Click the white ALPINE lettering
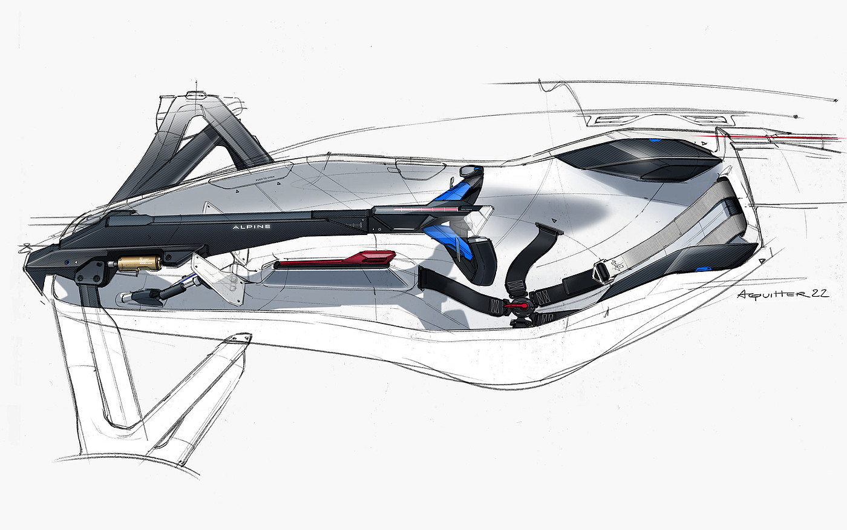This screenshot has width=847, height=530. (x=252, y=227)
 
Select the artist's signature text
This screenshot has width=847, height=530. (x=782, y=294)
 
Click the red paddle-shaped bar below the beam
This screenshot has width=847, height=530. (x=335, y=260)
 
